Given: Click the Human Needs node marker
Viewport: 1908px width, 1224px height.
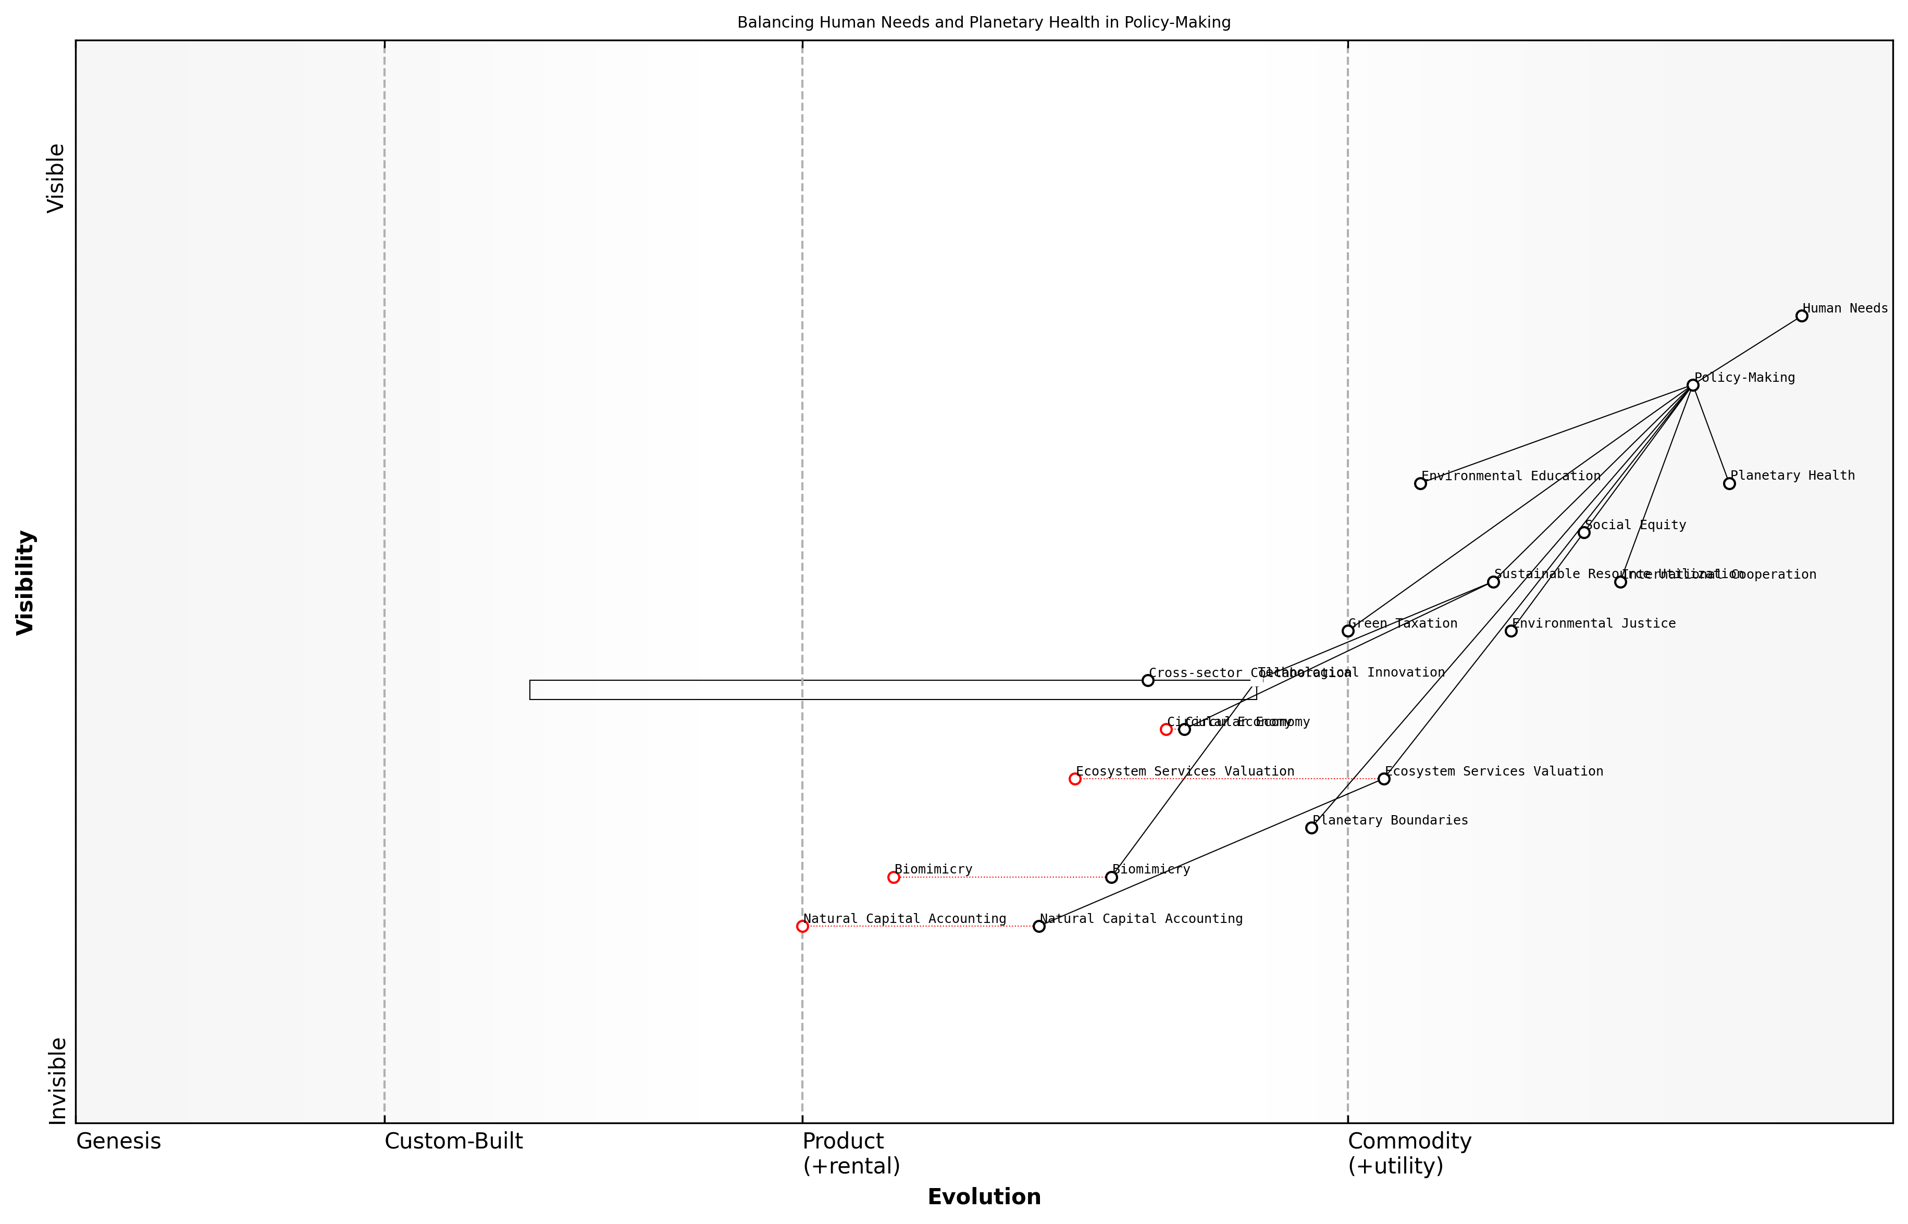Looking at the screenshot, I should (x=1802, y=316).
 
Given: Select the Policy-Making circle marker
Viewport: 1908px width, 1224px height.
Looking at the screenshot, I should (x=1692, y=385).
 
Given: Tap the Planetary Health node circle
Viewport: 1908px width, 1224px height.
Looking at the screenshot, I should (x=1729, y=483).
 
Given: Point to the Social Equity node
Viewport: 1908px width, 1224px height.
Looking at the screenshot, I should (x=1583, y=532).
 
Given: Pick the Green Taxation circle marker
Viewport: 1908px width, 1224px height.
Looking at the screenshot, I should (x=1347, y=631).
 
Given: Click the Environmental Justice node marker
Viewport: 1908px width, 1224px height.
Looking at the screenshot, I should (x=1510, y=631).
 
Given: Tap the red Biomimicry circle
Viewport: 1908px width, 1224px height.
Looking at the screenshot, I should (x=894, y=878).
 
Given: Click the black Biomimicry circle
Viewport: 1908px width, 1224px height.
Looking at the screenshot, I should (x=1111, y=878).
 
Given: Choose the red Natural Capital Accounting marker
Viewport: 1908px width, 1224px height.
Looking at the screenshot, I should (x=802, y=927).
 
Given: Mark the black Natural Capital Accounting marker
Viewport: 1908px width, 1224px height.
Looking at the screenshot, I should (x=1039, y=927).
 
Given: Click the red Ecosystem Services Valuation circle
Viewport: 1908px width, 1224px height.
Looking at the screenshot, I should (x=1075, y=779).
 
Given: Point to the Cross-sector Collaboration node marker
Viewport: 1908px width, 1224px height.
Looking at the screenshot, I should (x=1148, y=680).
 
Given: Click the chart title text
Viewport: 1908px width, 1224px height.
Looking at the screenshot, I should (x=984, y=22).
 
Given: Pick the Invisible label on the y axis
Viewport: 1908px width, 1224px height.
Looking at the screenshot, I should (x=57, y=1081).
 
